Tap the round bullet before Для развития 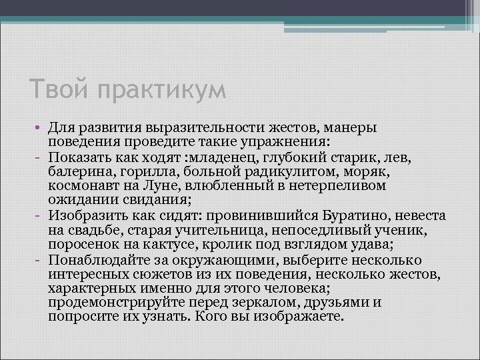[x=40, y=127]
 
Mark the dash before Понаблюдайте [x=40, y=261]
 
